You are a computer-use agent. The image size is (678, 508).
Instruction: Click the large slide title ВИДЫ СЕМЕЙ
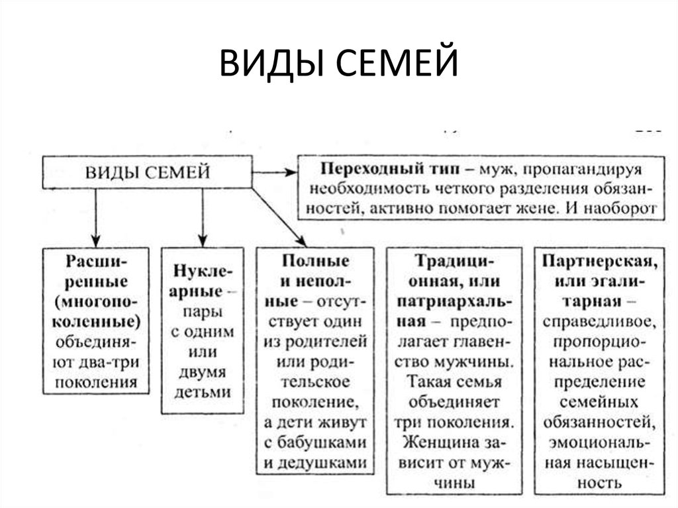(338, 63)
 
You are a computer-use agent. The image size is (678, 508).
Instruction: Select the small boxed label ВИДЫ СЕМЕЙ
(148, 172)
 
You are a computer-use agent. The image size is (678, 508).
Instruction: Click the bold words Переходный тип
(390, 168)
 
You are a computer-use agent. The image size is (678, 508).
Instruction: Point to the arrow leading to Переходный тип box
(275, 173)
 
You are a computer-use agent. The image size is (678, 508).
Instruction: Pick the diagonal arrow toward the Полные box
(279, 218)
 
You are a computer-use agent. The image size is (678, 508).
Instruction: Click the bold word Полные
(315, 261)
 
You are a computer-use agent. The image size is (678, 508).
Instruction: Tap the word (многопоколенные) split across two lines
(97, 312)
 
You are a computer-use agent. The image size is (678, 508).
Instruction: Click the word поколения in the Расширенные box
(96, 383)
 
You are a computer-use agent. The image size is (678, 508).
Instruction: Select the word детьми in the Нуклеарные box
(203, 392)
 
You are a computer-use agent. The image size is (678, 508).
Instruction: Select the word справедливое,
(600, 322)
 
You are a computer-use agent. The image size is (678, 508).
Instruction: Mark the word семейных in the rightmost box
(599, 402)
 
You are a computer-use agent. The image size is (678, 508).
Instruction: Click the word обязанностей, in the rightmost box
(599, 423)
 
